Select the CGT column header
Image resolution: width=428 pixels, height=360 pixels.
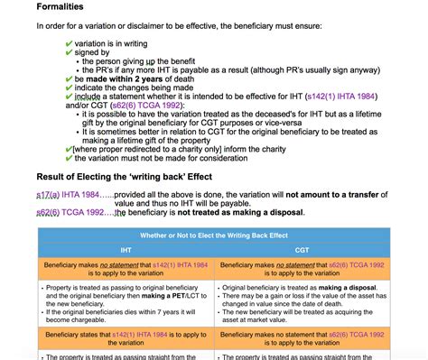click(302, 249)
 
